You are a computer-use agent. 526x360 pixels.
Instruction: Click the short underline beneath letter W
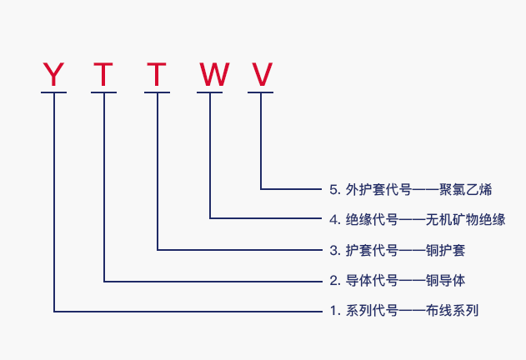click(210, 93)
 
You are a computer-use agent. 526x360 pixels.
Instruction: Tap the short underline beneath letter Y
click(53, 93)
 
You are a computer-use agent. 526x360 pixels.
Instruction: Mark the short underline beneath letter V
click(261, 93)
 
